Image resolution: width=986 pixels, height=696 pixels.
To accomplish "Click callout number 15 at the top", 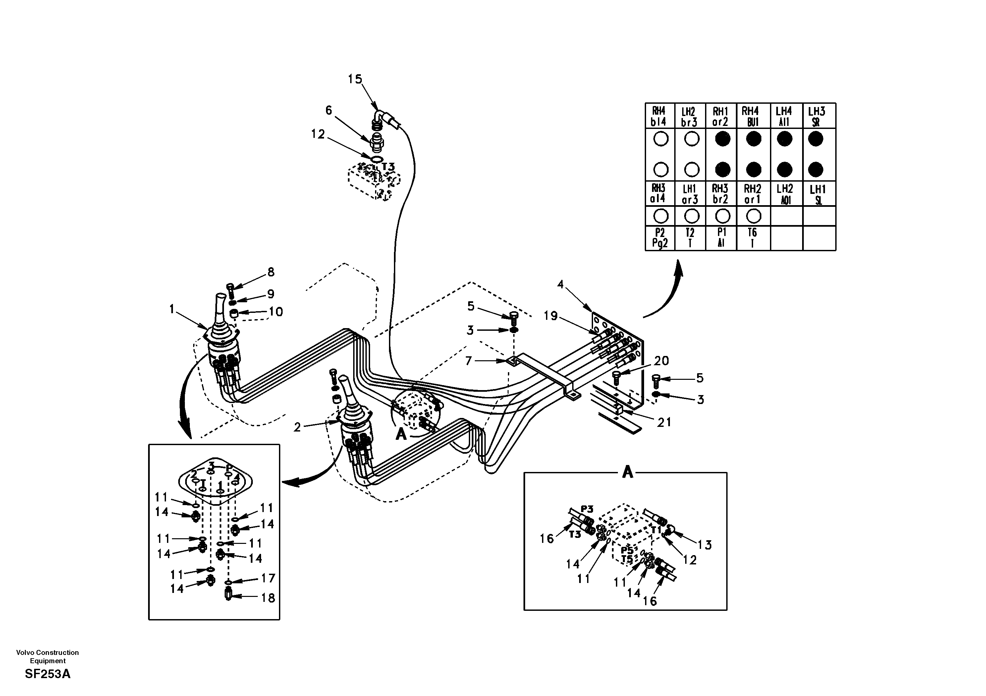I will pos(355,79).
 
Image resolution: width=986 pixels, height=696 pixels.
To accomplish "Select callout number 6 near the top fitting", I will pos(329,110).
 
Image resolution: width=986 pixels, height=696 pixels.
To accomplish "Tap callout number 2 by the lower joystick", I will pos(297,427).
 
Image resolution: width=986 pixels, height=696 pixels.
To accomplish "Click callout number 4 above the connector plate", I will pos(560,284).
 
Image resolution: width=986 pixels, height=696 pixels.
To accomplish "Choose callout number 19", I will pos(551,316).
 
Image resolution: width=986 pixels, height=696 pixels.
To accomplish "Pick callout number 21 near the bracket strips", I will pos(664,422).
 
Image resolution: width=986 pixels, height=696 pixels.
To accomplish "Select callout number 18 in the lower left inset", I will pos(268,598).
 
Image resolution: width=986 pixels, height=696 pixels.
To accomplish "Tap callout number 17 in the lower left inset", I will pos(268,578).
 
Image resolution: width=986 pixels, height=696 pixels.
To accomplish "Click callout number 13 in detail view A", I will pos(704,545).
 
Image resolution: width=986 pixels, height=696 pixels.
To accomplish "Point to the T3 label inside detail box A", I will pos(575,535).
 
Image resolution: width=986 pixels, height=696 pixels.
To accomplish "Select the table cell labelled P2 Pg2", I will pos(660,238).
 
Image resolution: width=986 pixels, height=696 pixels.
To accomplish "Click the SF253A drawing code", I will pos(48,674).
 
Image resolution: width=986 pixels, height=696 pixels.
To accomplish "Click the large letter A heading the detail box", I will pos(628,473).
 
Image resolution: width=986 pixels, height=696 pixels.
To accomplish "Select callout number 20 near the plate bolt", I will pos(661,361).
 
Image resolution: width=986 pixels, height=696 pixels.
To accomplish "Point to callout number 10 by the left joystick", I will pos(276,312).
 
